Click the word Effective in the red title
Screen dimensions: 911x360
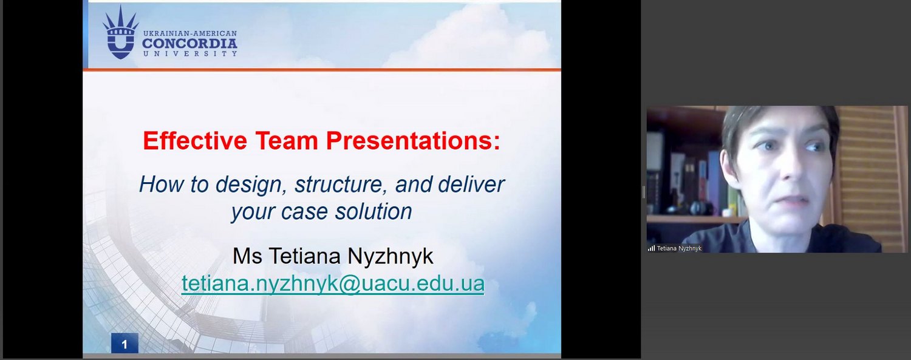pos(195,141)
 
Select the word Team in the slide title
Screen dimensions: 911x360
pos(287,141)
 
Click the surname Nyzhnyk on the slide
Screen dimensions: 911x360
pos(391,257)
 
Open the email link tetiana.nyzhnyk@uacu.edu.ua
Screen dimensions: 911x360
pos(333,284)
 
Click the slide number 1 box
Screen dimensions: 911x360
pos(125,344)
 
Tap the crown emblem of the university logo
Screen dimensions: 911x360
pos(120,33)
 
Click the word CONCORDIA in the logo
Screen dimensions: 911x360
pos(189,43)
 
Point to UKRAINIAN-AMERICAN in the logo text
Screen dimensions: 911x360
pos(190,34)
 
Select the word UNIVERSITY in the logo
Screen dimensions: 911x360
pos(190,53)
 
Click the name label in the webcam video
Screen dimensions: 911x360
pos(679,248)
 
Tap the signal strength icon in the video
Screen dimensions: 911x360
pos(651,248)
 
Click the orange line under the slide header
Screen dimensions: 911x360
pos(322,70)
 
